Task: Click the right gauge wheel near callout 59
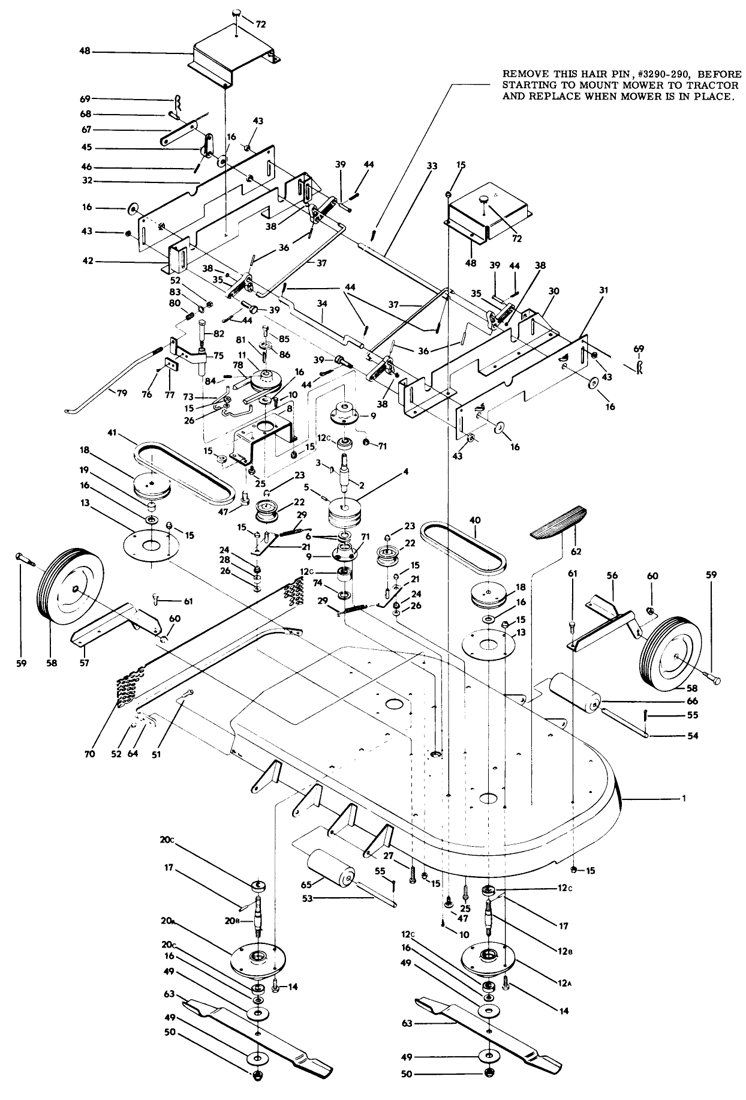click(x=671, y=658)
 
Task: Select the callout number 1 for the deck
click(x=682, y=798)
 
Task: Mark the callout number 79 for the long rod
click(x=122, y=394)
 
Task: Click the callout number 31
click(x=603, y=290)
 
